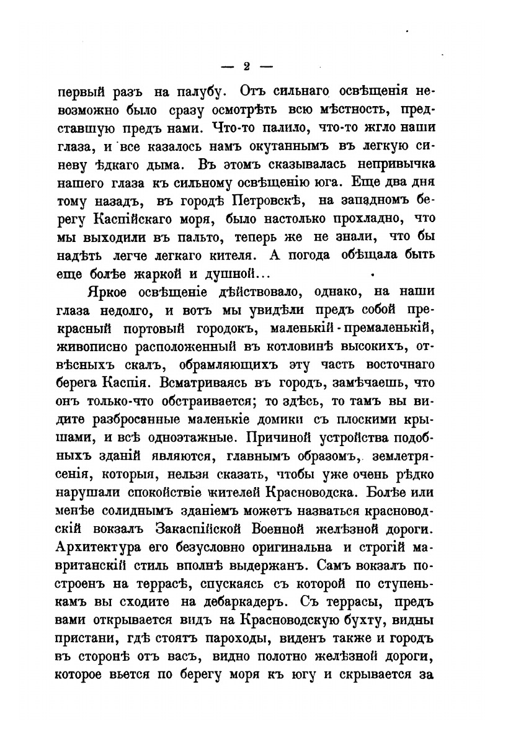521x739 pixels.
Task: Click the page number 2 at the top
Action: (x=246, y=67)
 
